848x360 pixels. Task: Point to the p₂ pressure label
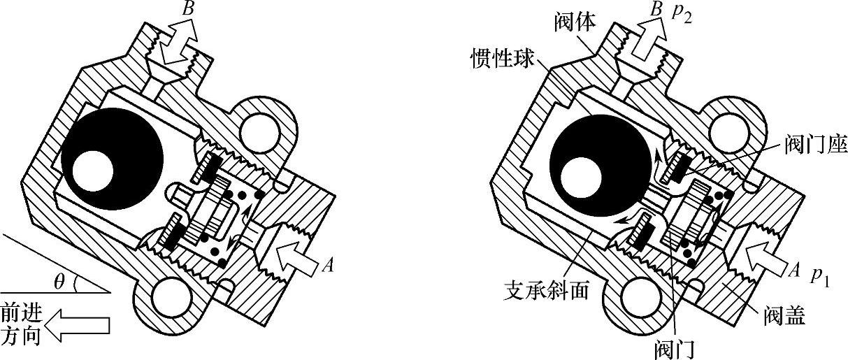tap(681, 15)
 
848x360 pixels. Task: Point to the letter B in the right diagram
tap(655, 10)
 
